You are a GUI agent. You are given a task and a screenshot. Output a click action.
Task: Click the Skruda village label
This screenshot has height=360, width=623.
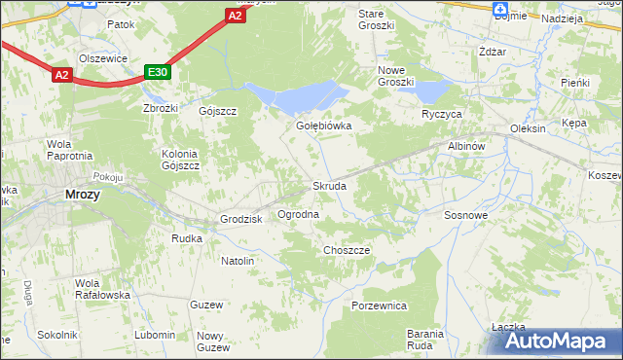pos(329,186)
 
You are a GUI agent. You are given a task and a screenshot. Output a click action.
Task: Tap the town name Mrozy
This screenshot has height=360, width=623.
pos(83,194)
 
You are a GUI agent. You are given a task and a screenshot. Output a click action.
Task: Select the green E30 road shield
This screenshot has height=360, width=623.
pos(158,72)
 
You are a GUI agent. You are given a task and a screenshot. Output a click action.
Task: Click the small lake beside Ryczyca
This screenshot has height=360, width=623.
pos(431,92)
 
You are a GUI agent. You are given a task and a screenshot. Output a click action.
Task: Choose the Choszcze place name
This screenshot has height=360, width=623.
pos(347,250)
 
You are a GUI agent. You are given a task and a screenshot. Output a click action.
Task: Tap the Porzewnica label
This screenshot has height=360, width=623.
pos(379,306)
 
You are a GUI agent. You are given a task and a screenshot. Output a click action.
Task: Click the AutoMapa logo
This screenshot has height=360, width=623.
pos(559,342)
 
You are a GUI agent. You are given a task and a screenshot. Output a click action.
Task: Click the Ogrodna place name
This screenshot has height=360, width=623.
pos(298,214)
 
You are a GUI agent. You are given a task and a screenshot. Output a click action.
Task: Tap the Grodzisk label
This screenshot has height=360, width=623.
pos(242,220)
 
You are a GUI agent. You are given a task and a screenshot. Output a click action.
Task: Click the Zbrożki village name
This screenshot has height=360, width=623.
pos(160,108)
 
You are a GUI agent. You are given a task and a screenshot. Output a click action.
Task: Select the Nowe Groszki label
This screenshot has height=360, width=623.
pos(396,75)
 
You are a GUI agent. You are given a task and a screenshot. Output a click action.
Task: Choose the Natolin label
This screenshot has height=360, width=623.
pos(238,261)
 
